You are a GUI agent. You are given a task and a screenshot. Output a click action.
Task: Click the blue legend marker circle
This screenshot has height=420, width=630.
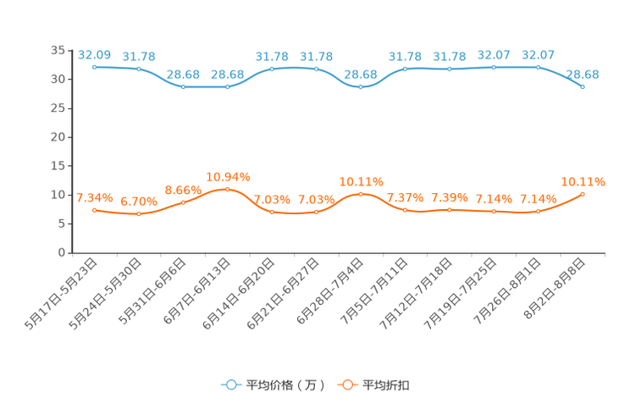pyautogui.click(x=230, y=384)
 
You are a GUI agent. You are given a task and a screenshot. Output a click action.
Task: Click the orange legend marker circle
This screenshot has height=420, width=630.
pyautogui.click(x=346, y=384)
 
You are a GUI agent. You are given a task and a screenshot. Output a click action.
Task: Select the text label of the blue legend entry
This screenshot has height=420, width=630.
pyautogui.click(x=285, y=385)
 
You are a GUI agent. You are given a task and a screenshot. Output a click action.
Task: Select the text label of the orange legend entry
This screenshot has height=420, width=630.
pyautogui.click(x=387, y=385)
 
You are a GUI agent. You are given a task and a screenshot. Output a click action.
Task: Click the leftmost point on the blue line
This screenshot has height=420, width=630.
pyautogui.click(x=94, y=66)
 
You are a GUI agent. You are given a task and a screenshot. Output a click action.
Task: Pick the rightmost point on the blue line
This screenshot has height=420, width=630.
pyautogui.click(x=583, y=86)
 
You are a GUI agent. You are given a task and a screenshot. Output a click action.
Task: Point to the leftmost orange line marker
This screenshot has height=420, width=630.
pyautogui.click(x=94, y=210)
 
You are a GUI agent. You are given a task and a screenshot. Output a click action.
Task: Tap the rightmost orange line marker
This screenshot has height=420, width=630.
pyautogui.click(x=583, y=194)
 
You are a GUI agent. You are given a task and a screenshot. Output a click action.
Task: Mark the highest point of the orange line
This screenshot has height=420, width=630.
pyautogui.click(x=227, y=189)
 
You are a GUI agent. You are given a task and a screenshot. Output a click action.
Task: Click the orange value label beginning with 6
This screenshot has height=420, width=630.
pyautogui.click(x=138, y=201)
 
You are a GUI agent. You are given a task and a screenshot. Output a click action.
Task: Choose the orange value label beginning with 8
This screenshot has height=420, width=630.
pyautogui.click(x=182, y=189)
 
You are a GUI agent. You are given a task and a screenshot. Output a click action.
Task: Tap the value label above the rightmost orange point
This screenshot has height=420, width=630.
pyautogui.click(x=583, y=180)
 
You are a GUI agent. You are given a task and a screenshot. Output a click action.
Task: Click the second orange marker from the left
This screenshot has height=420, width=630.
pyautogui.click(x=138, y=214)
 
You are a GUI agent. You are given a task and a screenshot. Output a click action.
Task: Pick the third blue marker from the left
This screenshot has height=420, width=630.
pyautogui.click(x=183, y=86)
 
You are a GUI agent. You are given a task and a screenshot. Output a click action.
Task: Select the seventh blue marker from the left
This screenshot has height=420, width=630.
pyautogui.click(x=361, y=86)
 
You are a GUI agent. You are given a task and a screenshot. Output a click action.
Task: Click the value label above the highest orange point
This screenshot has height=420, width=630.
pyautogui.click(x=227, y=176)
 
